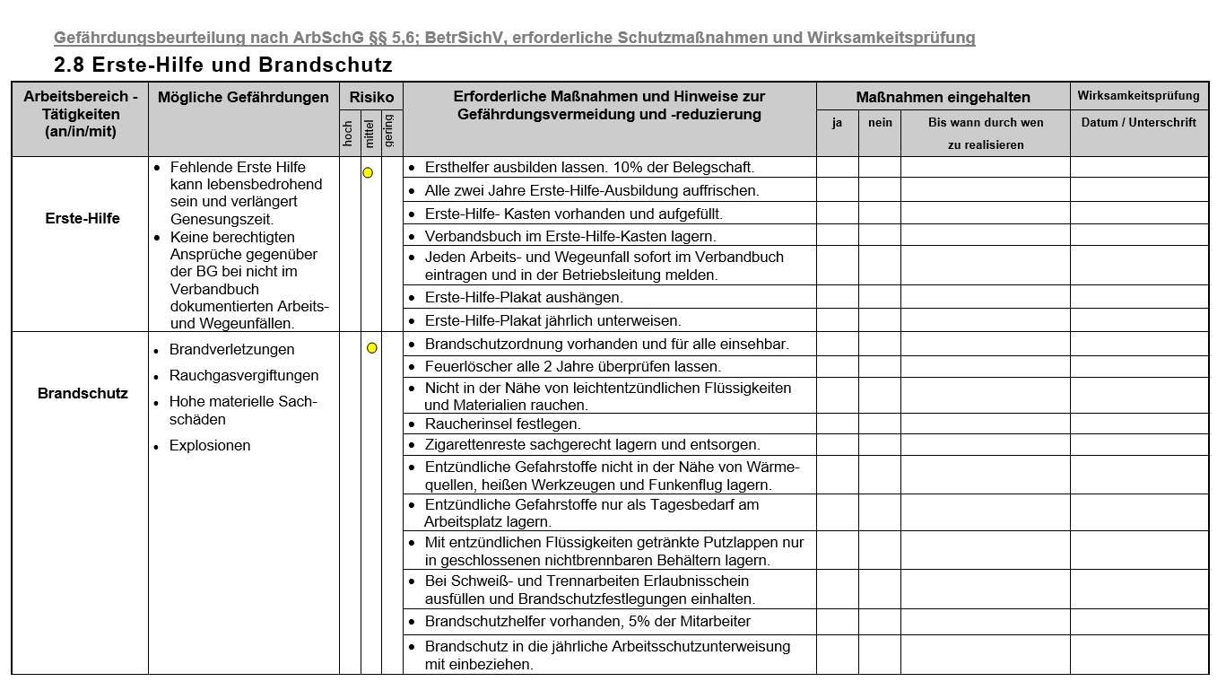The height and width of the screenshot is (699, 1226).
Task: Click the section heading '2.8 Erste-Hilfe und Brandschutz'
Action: pyautogui.click(x=222, y=66)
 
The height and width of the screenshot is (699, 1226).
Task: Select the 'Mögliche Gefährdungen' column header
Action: pyautogui.click(x=243, y=98)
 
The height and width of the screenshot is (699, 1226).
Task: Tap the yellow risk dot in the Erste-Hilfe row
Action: pyautogui.click(x=368, y=173)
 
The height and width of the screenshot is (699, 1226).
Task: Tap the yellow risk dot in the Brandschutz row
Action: pyautogui.click(x=371, y=348)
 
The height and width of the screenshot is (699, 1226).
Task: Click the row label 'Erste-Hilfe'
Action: pyautogui.click(x=83, y=218)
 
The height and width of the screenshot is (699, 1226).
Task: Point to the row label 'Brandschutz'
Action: pyautogui.click(x=83, y=393)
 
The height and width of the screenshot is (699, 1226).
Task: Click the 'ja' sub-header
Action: pyautogui.click(x=837, y=123)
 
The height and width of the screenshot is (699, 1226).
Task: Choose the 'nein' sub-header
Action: pyautogui.click(x=880, y=123)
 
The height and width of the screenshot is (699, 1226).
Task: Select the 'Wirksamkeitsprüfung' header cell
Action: pyautogui.click(x=1138, y=96)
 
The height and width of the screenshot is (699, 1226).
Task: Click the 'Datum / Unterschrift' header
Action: pyautogui.click(x=1138, y=123)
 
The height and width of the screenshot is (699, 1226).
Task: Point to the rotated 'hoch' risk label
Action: pyautogui.click(x=349, y=134)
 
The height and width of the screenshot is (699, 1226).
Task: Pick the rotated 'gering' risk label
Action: pyautogui.click(x=389, y=131)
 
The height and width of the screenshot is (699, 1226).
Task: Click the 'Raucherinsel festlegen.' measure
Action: pyautogui.click(x=502, y=424)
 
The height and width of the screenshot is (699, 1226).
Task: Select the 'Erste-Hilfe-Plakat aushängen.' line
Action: pyautogui.click(x=524, y=297)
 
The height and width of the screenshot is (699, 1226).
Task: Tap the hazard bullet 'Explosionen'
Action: pyautogui.click(x=210, y=446)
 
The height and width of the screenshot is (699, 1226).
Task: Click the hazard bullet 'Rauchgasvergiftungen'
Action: pyautogui.click(x=244, y=376)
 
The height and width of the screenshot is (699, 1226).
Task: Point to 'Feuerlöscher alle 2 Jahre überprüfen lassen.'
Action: pyautogui.click(x=572, y=366)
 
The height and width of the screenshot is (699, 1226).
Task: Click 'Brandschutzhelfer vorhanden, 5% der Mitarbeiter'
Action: pyautogui.click(x=587, y=621)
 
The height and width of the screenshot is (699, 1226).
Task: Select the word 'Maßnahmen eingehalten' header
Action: pyautogui.click(x=943, y=97)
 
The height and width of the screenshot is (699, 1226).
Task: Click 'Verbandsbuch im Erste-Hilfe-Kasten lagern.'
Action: pyautogui.click(x=570, y=236)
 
